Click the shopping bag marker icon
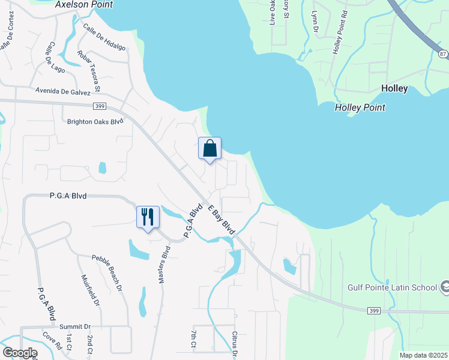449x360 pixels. [x=209, y=148]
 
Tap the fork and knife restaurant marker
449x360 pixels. [x=148, y=216]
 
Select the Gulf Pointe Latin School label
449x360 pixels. [x=392, y=287]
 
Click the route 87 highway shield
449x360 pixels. [x=443, y=54]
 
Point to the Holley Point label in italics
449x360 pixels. [x=360, y=107]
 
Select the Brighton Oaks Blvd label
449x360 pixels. [x=95, y=121]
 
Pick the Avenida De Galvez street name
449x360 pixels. [x=62, y=92]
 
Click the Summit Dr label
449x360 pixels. [x=74, y=326]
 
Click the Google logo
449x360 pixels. [x=20, y=353]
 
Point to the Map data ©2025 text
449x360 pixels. [x=423, y=355]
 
